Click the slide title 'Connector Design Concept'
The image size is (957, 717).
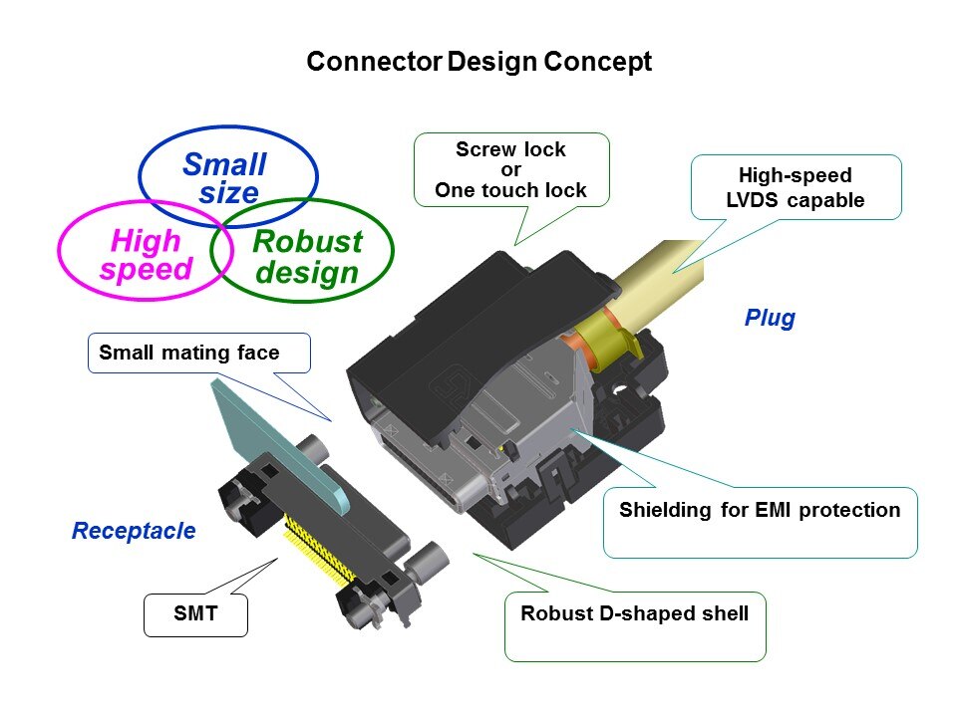tap(478, 62)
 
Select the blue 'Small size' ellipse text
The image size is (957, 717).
tap(225, 178)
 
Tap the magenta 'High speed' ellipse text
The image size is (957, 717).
tap(146, 255)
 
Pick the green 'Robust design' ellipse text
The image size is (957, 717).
tap(306, 257)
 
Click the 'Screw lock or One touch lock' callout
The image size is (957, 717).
tap(510, 170)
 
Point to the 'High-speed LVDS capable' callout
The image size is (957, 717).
tap(795, 187)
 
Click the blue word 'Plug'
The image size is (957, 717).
tap(770, 319)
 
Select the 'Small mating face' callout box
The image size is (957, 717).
tap(188, 352)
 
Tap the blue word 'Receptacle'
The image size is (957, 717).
tap(134, 531)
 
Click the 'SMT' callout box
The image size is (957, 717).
tap(195, 615)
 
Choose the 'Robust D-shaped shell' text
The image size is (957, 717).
tap(634, 613)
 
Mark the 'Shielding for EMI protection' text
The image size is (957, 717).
tap(760, 511)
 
